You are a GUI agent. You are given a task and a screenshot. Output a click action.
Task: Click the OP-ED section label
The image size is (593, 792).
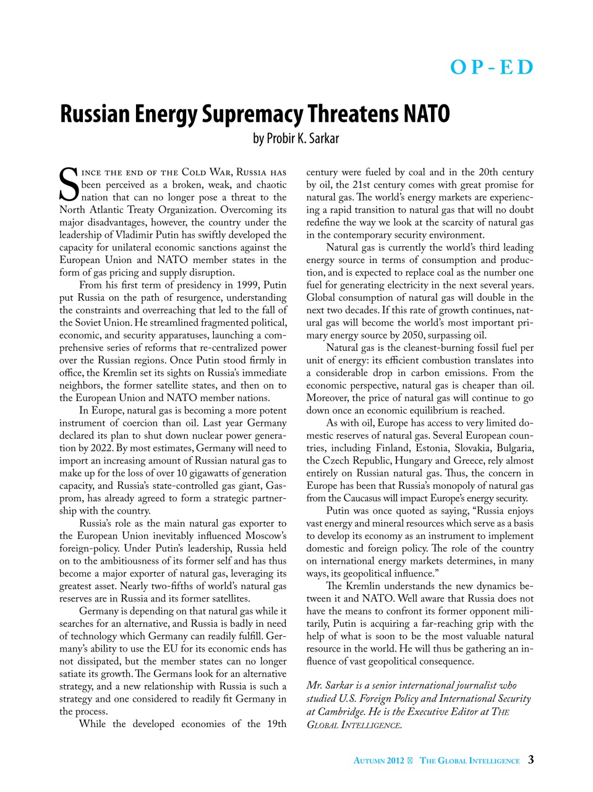tap(492, 67)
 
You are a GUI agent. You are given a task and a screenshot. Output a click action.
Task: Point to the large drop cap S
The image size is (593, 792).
tap(69, 184)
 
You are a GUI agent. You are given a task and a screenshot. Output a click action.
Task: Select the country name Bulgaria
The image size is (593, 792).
tap(513, 448)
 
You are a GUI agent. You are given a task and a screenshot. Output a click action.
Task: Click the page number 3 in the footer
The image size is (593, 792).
tap(531, 760)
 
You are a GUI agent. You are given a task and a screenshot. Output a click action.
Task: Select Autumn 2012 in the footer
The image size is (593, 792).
tap(378, 760)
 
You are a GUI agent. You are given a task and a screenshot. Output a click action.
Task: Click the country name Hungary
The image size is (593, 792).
tap(420, 460)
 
